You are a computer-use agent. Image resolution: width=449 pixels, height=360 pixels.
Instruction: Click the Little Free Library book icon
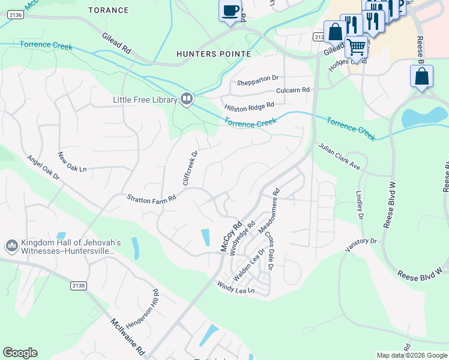pos(186,98)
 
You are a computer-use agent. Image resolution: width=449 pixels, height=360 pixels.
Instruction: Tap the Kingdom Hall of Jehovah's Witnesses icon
pos(11,246)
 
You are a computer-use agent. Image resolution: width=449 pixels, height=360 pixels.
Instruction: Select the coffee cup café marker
pos(230,11)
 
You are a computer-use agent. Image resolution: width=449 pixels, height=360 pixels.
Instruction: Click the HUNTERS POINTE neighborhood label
pos(213,54)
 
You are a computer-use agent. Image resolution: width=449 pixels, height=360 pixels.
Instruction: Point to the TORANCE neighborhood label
pos(109,10)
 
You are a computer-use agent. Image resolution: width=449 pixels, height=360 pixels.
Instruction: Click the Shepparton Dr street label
pos(258,79)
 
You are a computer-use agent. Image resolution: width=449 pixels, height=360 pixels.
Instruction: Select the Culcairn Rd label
pos(292,90)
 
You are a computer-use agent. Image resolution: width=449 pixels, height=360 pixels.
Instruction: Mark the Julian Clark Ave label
pos(339,155)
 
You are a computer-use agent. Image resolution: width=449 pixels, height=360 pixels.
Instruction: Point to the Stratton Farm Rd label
pos(151,197)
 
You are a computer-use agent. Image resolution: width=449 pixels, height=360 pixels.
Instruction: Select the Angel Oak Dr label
pos(43,167)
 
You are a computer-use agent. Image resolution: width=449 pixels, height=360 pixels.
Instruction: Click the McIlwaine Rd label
pos(127,335)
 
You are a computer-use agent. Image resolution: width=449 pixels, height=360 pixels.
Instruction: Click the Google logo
pos(20,353)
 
